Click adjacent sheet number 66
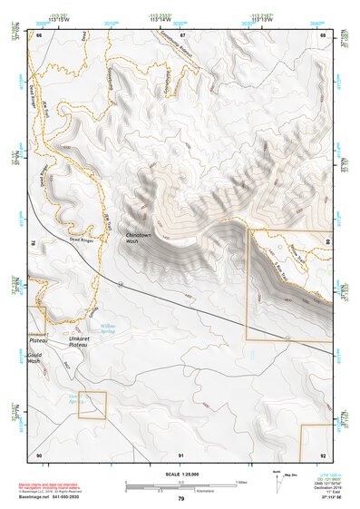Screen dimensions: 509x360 pyautogui.click(x=39, y=34)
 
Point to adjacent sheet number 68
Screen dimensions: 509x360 pyautogui.click(x=323, y=34)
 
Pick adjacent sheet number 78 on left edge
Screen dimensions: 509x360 pyautogui.click(x=34, y=243)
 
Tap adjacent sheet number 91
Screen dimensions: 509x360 pyautogui.click(x=181, y=454)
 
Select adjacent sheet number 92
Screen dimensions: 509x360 pyautogui.click(x=323, y=454)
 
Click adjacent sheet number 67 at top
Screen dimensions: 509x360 pyautogui.click(x=181, y=34)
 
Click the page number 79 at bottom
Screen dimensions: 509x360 pyautogui.click(x=181, y=498)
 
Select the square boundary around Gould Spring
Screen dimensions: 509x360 pyautogui.click(x=91, y=405)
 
